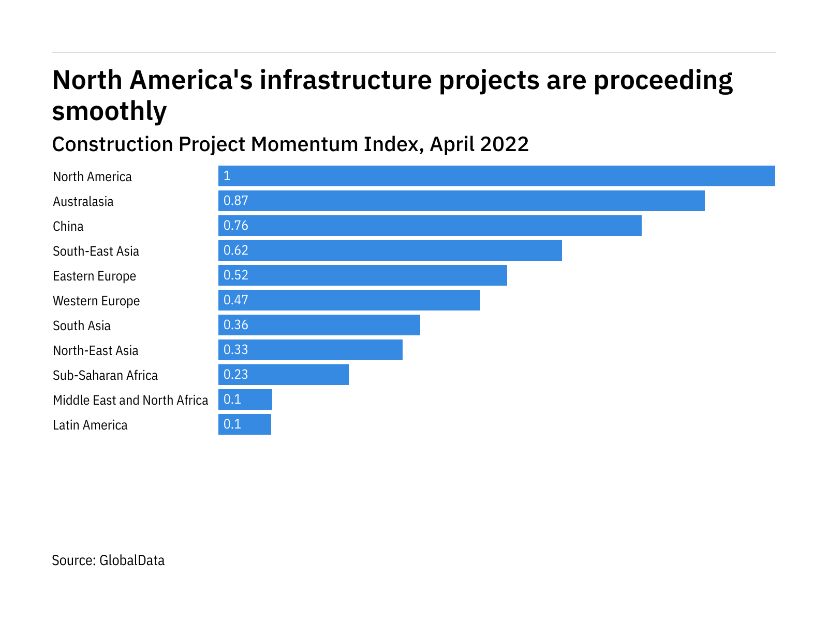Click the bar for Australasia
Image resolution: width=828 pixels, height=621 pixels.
461,201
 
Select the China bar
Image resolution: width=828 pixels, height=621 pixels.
430,226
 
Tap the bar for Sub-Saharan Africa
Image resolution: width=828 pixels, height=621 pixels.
283,375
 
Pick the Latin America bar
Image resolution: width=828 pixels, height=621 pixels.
244,424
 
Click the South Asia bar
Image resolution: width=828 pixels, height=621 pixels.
319,325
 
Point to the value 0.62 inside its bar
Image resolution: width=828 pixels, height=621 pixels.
236,250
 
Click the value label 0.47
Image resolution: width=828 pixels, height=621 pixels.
236,300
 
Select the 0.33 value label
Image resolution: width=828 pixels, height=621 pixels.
236,350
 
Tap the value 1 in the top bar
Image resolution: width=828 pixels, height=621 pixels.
227,176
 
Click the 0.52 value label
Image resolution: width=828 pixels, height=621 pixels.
236,275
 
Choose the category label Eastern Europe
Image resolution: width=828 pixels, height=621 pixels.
94,276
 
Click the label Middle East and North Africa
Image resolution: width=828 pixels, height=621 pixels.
130,400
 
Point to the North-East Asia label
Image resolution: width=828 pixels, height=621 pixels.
96,350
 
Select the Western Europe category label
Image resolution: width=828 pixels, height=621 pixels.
96,301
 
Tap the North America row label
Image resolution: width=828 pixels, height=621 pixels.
92,176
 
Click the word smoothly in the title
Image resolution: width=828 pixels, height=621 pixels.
110,111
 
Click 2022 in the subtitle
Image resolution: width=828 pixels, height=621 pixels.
505,144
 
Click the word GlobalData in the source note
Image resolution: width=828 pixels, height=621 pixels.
132,560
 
